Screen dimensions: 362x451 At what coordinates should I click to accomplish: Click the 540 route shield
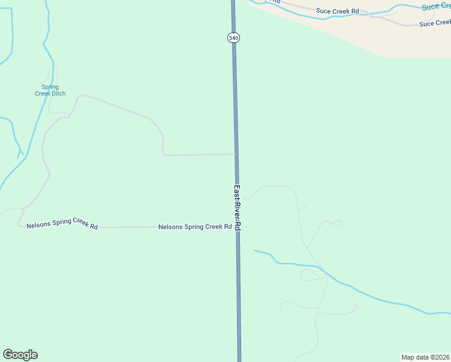click(x=234, y=37)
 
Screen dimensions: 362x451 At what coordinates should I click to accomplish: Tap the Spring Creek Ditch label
click(x=50, y=91)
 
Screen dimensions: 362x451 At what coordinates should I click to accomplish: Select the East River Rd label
click(x=238, y=208)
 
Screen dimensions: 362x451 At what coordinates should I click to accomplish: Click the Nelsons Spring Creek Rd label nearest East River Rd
click(x=195, y=227)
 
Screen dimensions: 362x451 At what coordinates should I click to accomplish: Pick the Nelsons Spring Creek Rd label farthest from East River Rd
click(x=62, y=224)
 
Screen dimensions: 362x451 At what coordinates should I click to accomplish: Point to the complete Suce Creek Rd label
click(x=337, y=11)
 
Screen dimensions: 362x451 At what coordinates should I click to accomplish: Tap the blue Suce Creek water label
click(x=436, y=6)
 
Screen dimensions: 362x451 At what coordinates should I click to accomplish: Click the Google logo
click(x=20, y=355)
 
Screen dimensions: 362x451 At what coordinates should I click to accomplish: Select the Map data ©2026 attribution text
click(x=426, y=357)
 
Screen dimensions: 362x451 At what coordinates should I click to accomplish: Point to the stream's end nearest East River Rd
click(x=254, y=250)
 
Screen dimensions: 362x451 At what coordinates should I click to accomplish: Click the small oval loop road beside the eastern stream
click(x=310, y=276)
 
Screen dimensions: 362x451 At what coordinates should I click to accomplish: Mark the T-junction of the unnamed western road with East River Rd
click(x=236, y=154)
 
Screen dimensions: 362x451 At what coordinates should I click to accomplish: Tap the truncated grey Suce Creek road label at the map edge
click(x=435, y=24)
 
